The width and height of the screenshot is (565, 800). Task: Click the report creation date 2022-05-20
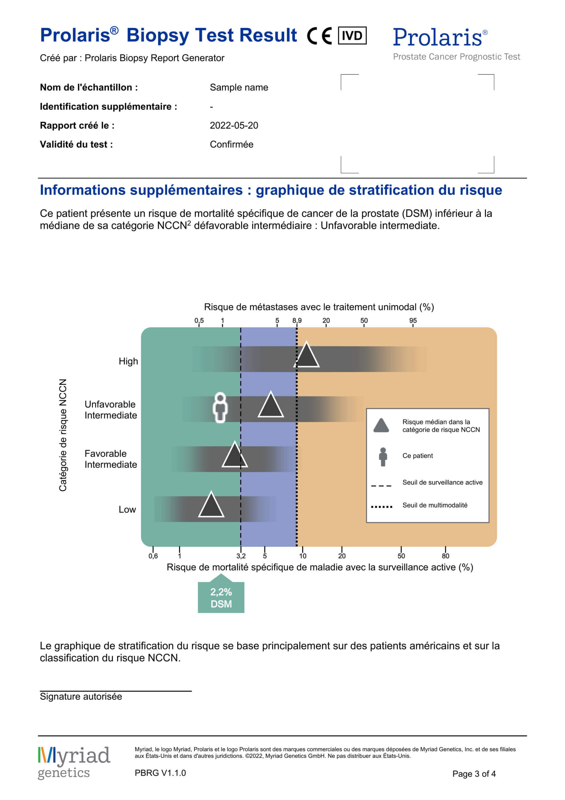234,125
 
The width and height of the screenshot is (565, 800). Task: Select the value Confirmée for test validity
231,144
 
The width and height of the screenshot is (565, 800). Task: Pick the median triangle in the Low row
211,506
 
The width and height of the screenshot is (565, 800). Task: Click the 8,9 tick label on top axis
297,320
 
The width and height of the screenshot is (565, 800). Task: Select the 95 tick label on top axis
413,320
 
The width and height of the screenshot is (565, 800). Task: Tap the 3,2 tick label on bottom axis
241,556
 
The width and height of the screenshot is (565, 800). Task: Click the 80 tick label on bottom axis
445,556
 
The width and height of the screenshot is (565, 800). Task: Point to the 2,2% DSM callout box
221,598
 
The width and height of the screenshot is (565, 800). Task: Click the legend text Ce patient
417,456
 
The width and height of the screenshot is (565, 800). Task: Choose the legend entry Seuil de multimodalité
435,505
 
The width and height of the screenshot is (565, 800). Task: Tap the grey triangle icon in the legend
381,426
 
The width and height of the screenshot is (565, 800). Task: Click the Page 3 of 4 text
474,774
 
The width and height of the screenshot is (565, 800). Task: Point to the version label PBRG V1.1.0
160,773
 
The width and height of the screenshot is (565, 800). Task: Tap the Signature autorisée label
81,697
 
